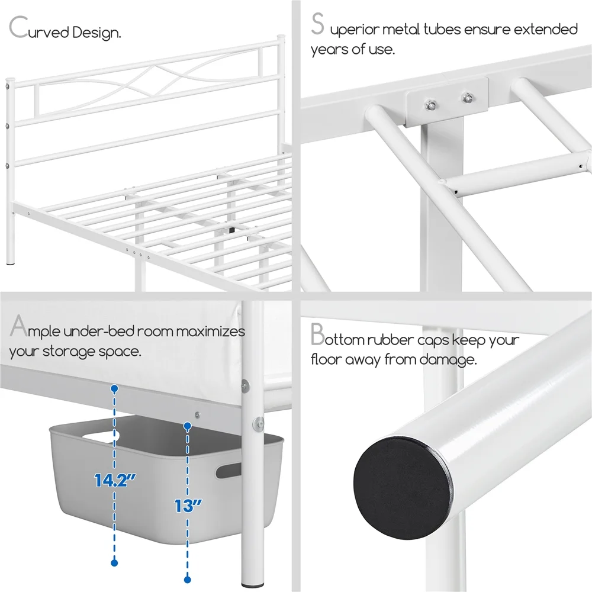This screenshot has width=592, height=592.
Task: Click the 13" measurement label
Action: [x=188, y=506]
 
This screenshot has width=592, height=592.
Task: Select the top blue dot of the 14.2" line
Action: [x=114, y=388]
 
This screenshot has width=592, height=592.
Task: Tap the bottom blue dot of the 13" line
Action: [x=188, y=580]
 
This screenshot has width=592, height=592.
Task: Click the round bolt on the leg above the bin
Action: [x=258, y=422]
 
